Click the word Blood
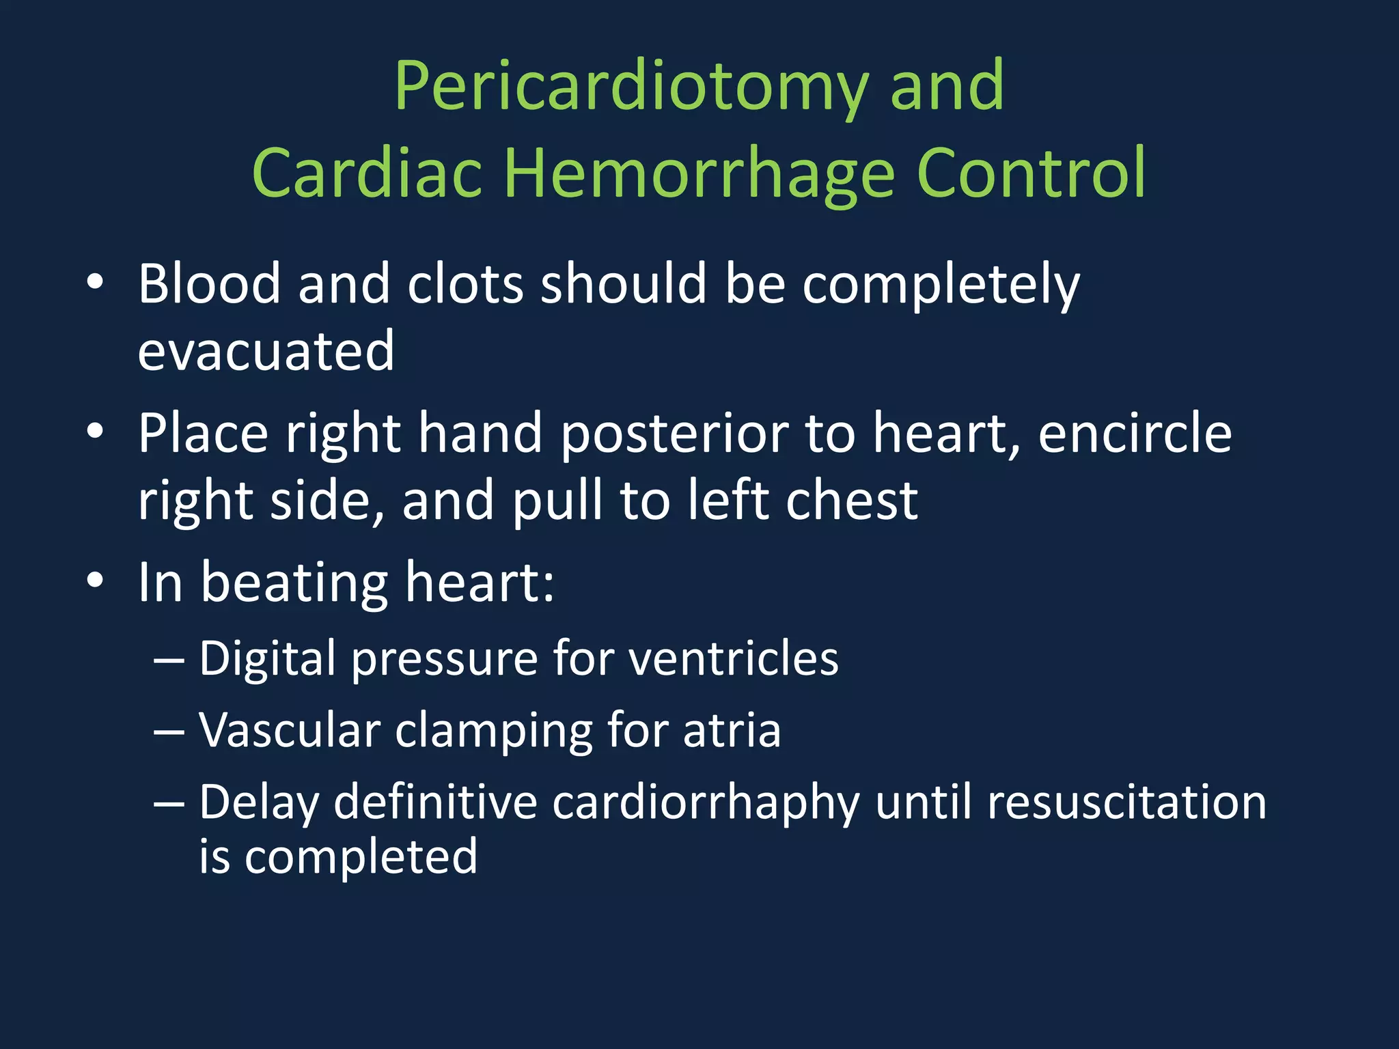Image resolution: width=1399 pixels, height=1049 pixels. coord(209,283)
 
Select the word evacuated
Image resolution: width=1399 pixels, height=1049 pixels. coord(266,351)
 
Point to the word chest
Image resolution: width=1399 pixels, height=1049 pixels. coord(851,501)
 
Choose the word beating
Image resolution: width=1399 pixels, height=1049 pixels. coord(294,583)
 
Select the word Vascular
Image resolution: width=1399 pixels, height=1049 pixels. coord(290,731)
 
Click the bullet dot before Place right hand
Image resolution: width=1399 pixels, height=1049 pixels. coord(95,431)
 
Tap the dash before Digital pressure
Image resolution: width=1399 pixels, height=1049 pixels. coord(169,660)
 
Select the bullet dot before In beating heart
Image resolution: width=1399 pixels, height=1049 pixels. coord(95,581)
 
